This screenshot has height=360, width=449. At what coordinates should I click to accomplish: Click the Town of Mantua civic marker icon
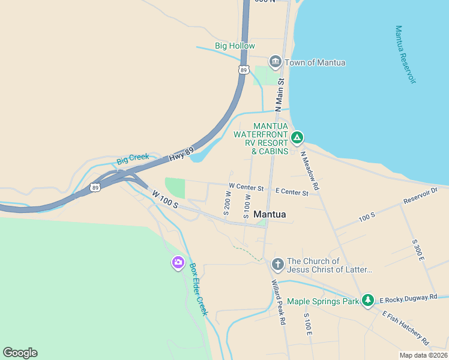[276, 62]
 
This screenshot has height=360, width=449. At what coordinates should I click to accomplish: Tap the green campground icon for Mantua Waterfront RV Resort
[297, 139]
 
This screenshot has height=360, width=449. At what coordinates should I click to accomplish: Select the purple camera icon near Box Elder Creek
[178, 262]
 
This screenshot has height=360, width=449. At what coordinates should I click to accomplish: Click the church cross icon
[277, 264]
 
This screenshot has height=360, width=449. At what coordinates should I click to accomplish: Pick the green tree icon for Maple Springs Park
[369, 301]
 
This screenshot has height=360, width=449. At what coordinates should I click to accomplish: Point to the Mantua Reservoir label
[406, 55]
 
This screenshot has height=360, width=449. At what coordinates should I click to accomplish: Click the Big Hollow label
[235, 46]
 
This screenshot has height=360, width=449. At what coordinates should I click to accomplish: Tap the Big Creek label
[133, 160]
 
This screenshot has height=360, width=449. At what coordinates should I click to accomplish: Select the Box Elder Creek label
[198, 289]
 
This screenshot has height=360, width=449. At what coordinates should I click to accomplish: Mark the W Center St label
[246, 188]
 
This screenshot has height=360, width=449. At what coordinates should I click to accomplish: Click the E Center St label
[292, 192]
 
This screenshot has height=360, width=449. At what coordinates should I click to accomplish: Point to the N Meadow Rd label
[310, 170]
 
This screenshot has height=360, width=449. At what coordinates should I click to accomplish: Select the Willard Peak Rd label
[278, 302]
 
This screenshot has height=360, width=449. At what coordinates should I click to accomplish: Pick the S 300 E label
[418, 250]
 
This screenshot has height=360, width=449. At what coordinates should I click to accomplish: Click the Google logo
[20, 353]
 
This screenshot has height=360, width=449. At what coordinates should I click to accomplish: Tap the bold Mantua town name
[270, 214]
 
